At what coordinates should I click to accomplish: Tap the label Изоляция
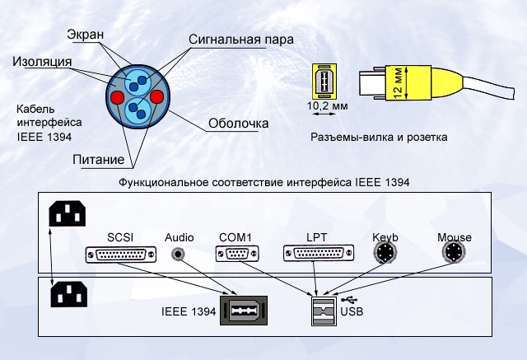[41, 62]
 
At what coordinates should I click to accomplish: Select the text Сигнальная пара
[240, 39]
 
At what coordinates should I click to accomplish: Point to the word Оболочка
[238, 124]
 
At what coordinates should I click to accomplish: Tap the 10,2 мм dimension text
[327, 107]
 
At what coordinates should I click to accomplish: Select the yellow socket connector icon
[324, 82]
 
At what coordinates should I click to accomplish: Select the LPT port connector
[315, 255]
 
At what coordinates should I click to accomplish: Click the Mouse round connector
[455, 256]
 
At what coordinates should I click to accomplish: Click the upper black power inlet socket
[67, 214]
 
